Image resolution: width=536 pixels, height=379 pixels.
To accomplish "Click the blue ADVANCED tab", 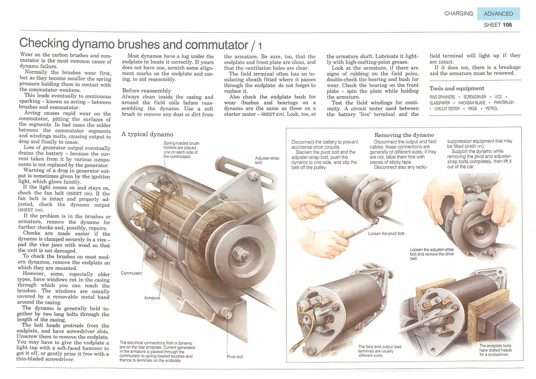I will coord(498,14).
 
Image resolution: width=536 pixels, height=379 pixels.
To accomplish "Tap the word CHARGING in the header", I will coord(459,13).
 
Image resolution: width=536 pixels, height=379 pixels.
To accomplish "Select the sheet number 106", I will coord(507,25).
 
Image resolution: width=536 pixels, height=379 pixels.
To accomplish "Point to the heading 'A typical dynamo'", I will coord(147,134).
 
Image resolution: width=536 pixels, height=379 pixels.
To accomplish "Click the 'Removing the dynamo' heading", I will coord(404,135).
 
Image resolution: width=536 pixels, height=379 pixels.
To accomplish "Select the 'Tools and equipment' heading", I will coord(457,88).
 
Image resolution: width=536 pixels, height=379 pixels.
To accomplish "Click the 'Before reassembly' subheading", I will coord(146,91).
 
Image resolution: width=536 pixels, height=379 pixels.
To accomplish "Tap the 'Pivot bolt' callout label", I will coord(234,357).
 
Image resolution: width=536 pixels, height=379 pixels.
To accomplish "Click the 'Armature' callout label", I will coord(152,298).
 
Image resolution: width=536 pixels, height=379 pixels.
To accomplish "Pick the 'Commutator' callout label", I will coord(131,273).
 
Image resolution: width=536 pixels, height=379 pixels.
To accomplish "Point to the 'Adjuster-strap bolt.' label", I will coord(267,160).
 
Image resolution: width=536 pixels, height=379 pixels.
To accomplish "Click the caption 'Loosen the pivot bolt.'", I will coord(386,233).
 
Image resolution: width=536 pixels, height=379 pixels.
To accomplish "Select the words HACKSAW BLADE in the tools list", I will coord(472,103).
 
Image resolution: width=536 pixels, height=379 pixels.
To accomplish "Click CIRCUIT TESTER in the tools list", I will coord(447,109).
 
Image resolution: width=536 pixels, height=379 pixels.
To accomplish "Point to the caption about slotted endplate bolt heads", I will coord(495,350).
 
